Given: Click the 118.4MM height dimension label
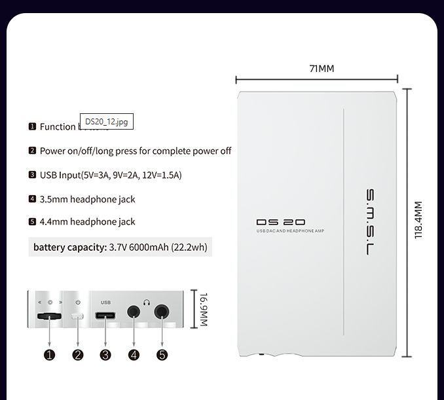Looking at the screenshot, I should [419, 220].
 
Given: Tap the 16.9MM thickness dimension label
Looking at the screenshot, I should [203, 310].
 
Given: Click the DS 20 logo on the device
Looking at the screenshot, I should [280, 223].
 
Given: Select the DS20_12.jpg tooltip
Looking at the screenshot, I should [107, 122].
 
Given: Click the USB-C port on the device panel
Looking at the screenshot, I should [106, 316].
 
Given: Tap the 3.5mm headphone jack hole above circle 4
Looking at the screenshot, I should [134, 313].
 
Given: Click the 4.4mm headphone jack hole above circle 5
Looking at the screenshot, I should [162, 313].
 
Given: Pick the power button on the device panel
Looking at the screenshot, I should [78, 316].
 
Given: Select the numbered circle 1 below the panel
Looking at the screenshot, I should [50, 355].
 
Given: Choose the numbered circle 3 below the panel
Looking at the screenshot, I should [105, 355].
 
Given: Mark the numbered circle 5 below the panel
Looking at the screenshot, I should [162, 355].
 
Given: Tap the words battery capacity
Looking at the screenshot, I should [69, 247].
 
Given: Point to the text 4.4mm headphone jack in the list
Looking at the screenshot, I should [87, 222].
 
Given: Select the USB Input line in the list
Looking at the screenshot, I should [110, 175].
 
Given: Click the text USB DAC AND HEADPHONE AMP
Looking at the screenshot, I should [290, 231].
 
